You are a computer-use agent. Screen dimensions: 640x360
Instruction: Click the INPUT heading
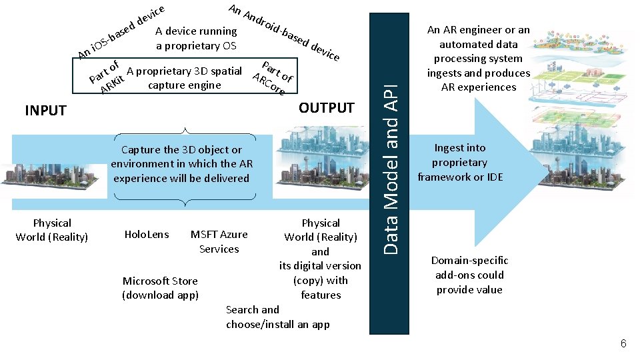click(45, 111)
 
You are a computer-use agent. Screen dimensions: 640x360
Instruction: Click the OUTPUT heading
click(327, 108)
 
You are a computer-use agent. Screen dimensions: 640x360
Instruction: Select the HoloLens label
click(147, 234)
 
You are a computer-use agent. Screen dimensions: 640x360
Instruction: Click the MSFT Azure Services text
click(219, 241)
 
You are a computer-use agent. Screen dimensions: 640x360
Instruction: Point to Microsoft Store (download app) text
click(160, 287)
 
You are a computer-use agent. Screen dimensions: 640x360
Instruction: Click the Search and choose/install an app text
click(277, 317)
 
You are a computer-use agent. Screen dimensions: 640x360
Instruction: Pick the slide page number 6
click(623, 343)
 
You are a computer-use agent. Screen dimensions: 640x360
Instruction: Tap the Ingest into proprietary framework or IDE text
click(460, 162)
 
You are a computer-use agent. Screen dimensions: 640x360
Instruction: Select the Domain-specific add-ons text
click(469, 275)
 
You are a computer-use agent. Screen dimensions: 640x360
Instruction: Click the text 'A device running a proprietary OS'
click(196, 38)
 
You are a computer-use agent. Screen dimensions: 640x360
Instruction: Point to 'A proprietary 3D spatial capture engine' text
click(184, 78)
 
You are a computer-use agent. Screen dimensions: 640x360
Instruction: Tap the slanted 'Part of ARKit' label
click(107, 77)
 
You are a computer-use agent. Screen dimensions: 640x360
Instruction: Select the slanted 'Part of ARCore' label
click(273, 77)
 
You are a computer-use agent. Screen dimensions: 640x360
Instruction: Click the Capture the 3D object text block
click(181, 164)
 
